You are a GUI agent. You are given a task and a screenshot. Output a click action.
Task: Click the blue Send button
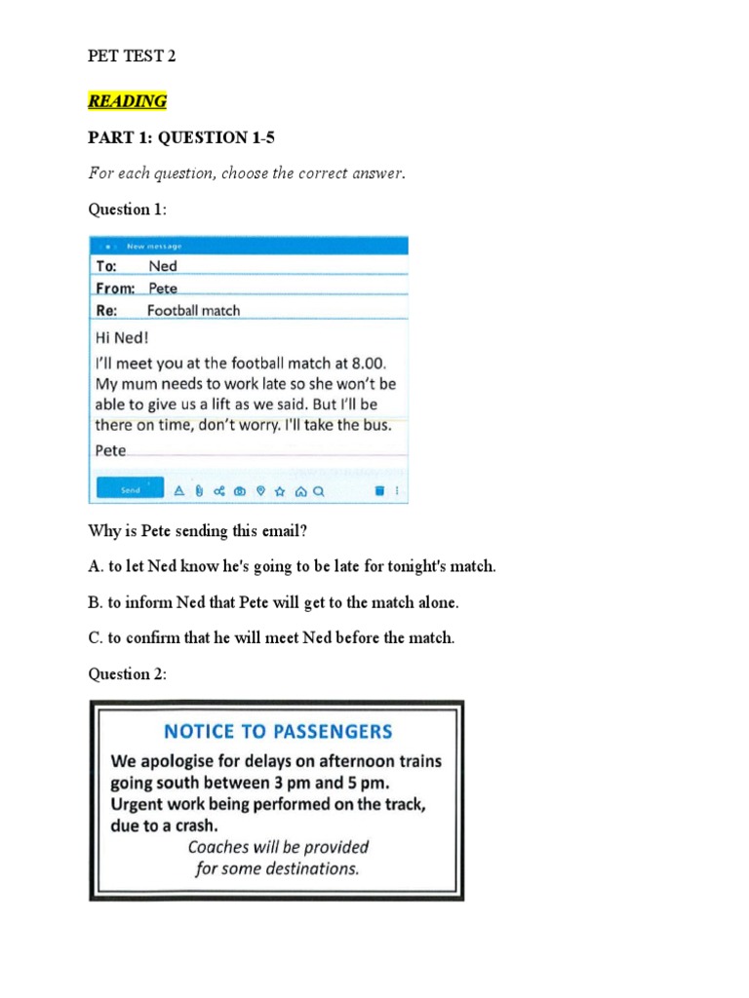click(x=130, y=491)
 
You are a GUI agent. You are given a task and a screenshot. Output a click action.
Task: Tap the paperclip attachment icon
click(x=198, y=491)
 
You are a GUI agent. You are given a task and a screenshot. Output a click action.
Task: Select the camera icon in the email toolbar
click(x=239, y=491)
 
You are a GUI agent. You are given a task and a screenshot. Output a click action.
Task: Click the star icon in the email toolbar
click(x=280, y=491)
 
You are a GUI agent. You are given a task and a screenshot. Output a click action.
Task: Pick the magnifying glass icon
click(x=318, y=491)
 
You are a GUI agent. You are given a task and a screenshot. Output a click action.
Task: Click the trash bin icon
click(x=379, y=491)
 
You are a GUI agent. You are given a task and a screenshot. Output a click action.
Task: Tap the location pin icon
click(x=259, y=491)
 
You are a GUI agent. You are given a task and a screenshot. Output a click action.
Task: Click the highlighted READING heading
click(x=127, y=101)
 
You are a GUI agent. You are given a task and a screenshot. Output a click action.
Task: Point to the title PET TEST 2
click(x=132, y=57)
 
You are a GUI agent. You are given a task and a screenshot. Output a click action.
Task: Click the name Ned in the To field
click(x=163, y=265)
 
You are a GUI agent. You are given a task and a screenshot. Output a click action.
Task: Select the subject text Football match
click(x=193, y=311)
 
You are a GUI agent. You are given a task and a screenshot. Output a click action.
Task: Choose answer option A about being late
click(x=292, y=566)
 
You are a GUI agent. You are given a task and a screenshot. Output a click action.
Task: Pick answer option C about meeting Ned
click(x=271, y=638)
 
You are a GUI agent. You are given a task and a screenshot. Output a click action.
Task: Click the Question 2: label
click(x=128, y=674)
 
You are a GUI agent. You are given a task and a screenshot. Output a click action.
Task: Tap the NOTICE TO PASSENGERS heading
click(x=278, y=731)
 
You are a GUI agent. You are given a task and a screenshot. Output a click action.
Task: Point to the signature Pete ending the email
click(x=110, y=450)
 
